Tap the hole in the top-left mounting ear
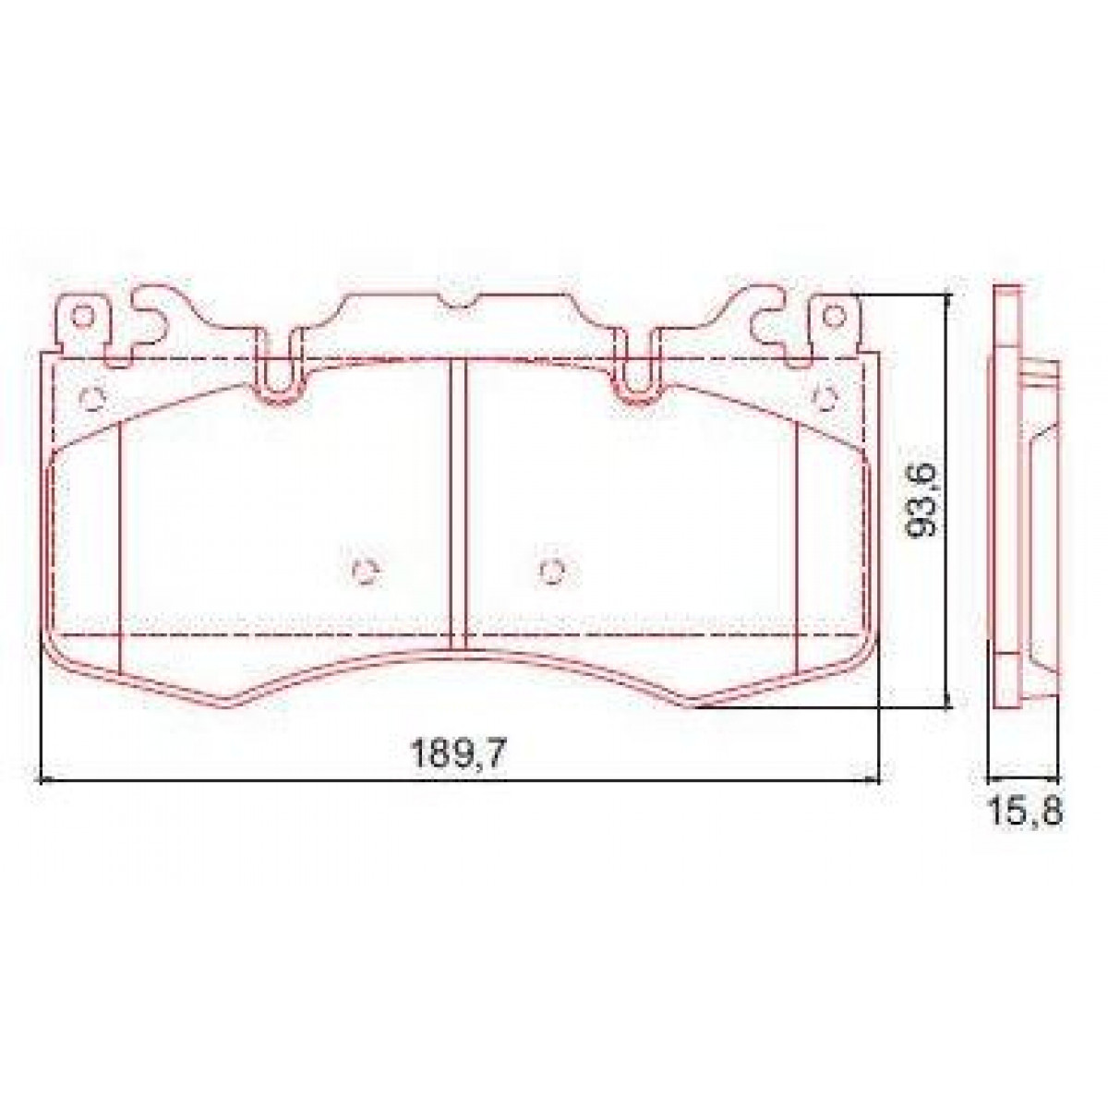click(82, 316)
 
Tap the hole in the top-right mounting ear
click(833, 316)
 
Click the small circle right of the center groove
click(552, 572)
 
